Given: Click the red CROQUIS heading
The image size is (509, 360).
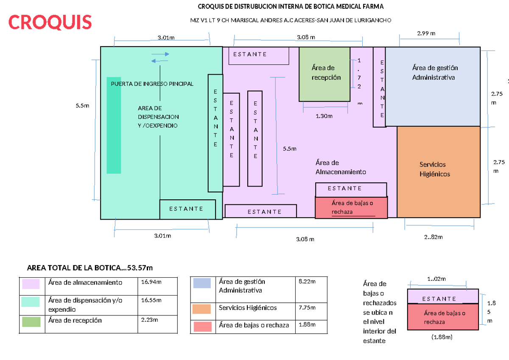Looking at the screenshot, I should (50, 22).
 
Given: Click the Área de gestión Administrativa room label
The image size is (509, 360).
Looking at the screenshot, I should (435, 73).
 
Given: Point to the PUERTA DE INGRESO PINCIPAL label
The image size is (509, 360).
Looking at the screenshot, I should (152, 84).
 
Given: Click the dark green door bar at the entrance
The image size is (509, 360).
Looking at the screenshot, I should (114, 126).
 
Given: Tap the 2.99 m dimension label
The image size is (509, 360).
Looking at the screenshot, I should (426, 33).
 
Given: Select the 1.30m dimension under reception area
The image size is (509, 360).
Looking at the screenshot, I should (324, 116).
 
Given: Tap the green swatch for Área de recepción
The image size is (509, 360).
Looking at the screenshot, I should (31, 321).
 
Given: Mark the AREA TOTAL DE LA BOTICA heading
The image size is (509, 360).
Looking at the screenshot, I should (89, 268).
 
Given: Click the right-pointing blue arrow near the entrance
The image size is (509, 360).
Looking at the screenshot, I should (160, 54).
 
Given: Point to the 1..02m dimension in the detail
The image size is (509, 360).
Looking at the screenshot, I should (437, 279).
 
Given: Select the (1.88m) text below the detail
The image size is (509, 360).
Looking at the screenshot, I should (441, 337).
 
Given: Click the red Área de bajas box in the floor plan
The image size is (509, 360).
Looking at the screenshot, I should (351, 207).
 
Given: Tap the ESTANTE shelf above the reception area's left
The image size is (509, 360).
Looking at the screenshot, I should (259, 55).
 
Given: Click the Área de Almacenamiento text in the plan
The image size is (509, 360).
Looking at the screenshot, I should (340, 167).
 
